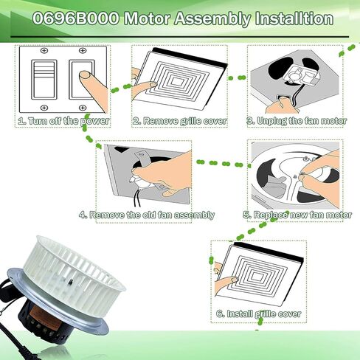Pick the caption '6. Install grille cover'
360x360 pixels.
[258, 314]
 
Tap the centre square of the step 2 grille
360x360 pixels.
[183, 80]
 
